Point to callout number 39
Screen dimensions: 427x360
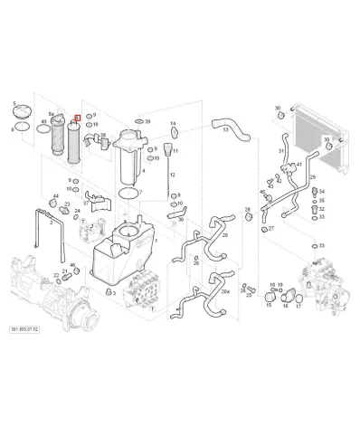[x=147, y=121]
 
